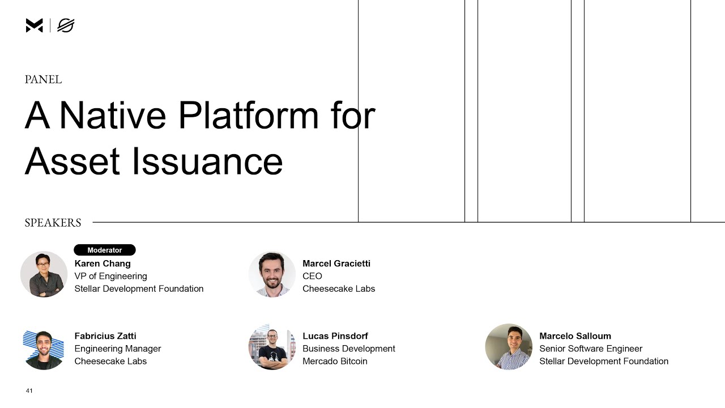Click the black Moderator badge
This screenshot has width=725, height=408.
pyautogui.click(x=105, y=250)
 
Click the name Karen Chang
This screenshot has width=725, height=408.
pyautogui.click(x=103, y=263)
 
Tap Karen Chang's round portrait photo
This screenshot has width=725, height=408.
pyautogui.click(x=44, y=274)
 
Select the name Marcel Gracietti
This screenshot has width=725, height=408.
pyautogui.click(x=336, y=263)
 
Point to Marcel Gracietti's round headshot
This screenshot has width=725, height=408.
pyautogui.click(x=272, y=274)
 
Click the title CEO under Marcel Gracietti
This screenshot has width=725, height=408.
pyautogui.click(x=312, y=276)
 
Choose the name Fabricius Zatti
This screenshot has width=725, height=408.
pyautogui.click(x=105, y=336)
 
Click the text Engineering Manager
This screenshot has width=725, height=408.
pyautogui.click(x=118, y=348)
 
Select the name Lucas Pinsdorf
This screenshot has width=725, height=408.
pyautogui.click(x=335, y=336)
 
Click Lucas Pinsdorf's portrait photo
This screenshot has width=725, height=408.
pyautogui.click(x=272, y=347)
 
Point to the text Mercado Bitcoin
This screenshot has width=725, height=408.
pyautogui.click(x=335, y=361)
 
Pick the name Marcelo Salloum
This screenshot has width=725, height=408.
pyautogui.click(x=575, y=336)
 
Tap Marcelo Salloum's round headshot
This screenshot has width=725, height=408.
pyautogui.click(x=509, y=347)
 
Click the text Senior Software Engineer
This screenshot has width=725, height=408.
pyautogui.click(x=591, y=348)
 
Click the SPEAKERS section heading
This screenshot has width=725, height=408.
pyautogui.click(x=53, y=223)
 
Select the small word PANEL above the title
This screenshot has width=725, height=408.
pyautogui.click(x=43, y=80)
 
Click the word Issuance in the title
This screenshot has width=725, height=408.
pyautogui.click(x=207, y=161)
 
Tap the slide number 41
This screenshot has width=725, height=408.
pyautogui.click(x=29, y=390)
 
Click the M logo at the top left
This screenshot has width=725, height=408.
pyautogui.click(x=35, y=25)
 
